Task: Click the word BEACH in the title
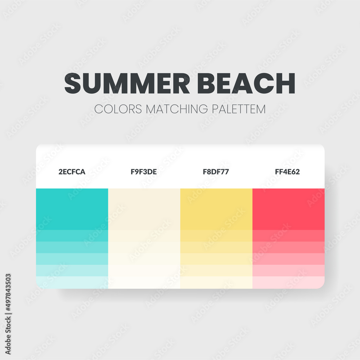247,84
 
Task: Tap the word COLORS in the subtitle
118,109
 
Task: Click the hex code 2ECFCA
72,172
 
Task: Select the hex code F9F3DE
144,172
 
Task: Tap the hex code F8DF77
216,172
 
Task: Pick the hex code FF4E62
288,172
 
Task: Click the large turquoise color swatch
72,209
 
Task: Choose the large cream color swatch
144,209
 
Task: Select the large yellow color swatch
216,209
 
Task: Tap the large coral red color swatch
288,209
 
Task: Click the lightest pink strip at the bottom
288,282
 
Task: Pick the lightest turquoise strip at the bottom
72,282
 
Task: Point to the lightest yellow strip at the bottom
216,282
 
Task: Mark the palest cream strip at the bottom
144,282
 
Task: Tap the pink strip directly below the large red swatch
288,236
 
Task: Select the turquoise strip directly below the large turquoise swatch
72,236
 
